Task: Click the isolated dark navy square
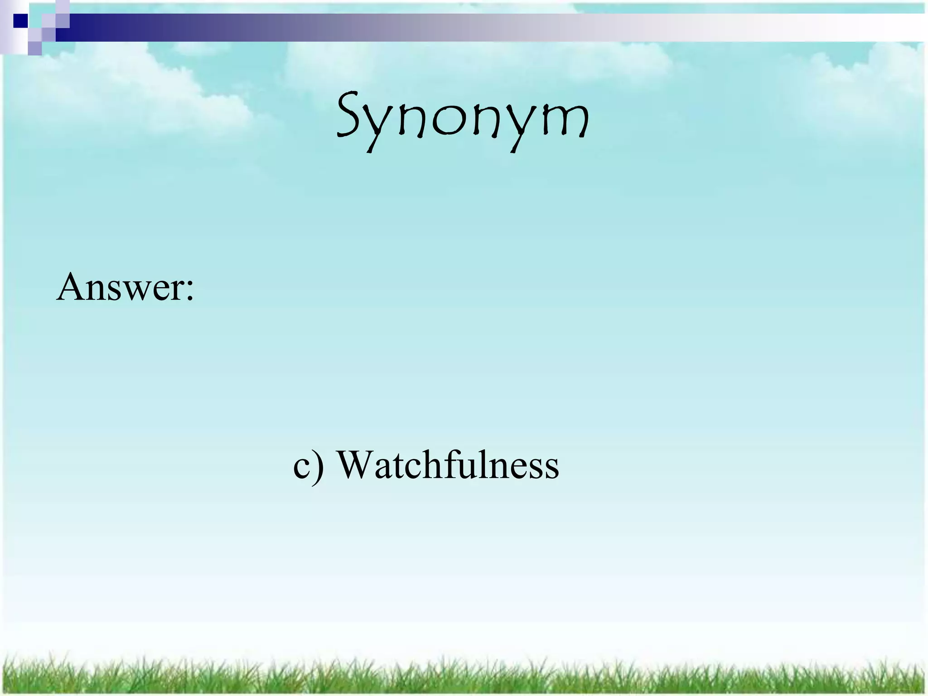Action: click(x=20, y=21)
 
